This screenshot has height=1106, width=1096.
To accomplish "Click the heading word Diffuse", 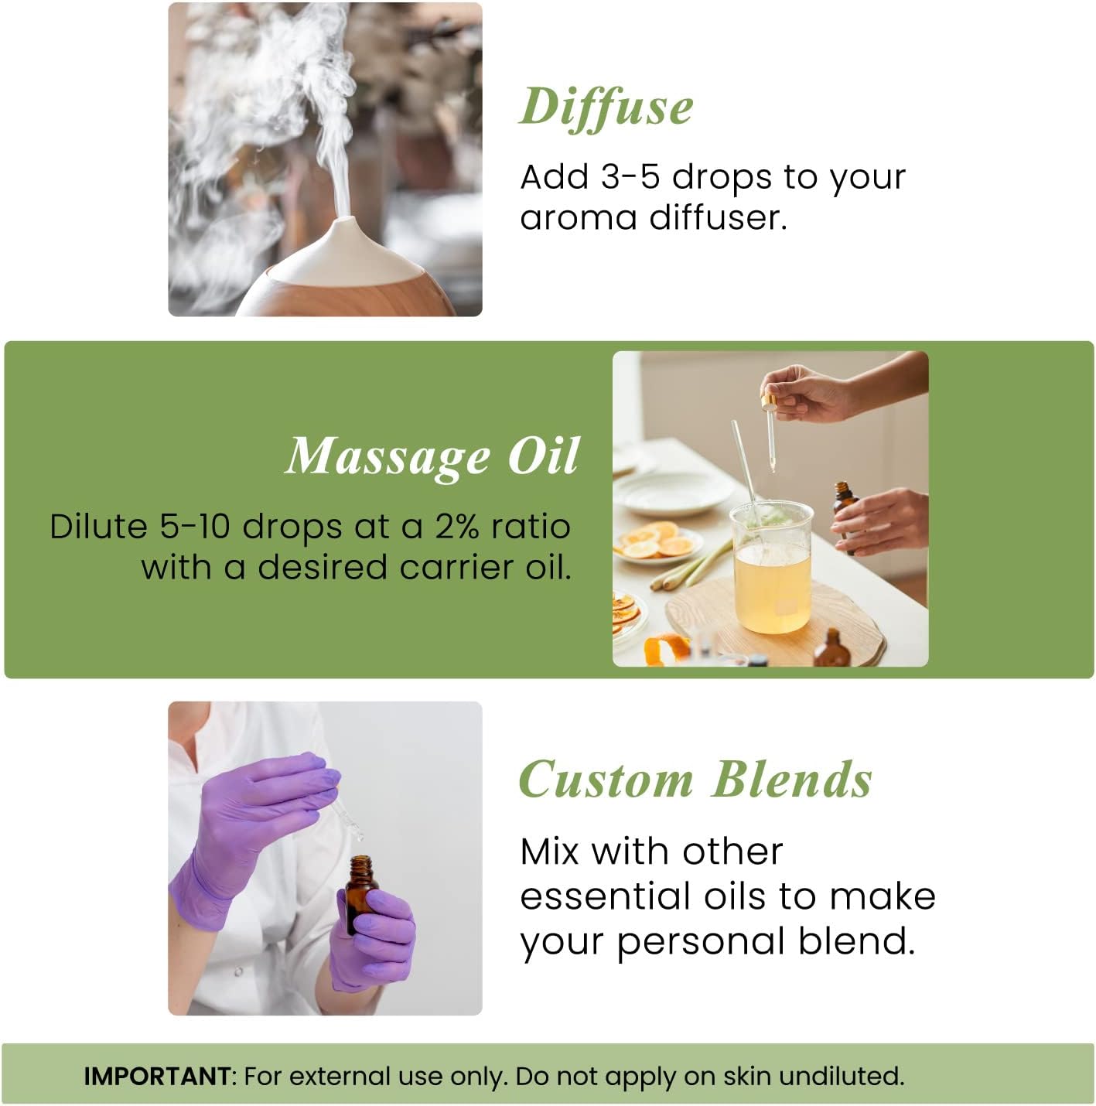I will point(606,107).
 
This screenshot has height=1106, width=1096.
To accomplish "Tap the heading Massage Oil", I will point(432,456).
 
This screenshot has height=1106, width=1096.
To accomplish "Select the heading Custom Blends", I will point(695,780).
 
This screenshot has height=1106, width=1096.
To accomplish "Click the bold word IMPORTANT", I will point(157,1076).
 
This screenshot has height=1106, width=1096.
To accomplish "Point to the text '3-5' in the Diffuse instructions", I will point(630,177).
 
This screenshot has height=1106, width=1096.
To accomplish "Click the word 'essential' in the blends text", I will point(605,897).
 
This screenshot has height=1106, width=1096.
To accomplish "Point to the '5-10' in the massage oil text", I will point(195,527).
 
